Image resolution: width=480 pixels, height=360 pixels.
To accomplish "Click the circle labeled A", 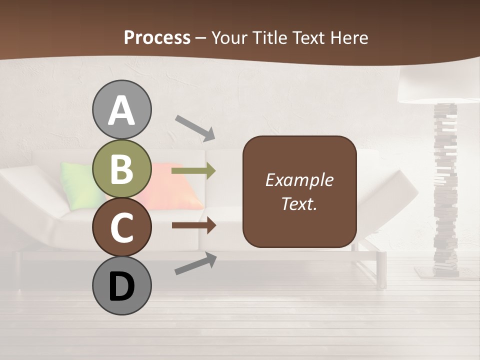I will [x=121, y=109].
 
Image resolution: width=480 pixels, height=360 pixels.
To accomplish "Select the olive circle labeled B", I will [x=121, y=168].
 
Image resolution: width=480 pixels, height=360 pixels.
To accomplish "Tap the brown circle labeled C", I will [x=121, y=227].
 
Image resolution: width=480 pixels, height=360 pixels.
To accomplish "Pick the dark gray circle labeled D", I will [x=121, y=285].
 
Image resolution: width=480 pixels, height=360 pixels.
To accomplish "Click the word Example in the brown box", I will [x=299, y=180].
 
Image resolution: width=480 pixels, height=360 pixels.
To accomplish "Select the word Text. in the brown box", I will [x=299, y=204].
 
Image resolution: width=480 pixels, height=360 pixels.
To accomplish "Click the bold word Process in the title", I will [x=157, y=37].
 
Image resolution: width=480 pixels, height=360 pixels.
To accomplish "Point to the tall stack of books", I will [x=444, y=190].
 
